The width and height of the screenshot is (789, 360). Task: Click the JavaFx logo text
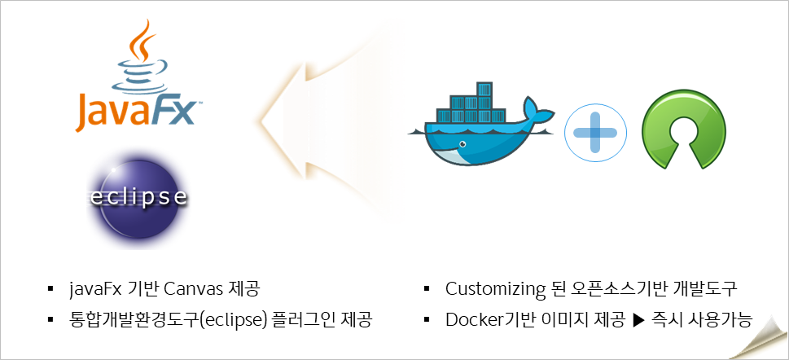tap(136, 111)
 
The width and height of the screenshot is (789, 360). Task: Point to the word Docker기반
tap(489, 318)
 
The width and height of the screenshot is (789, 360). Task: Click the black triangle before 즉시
tap(638, 318)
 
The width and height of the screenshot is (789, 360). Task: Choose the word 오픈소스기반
tap(605, 289)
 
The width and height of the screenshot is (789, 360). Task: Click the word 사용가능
tap(721, 318)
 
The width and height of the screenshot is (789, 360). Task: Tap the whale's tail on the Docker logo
tap(538, 110)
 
